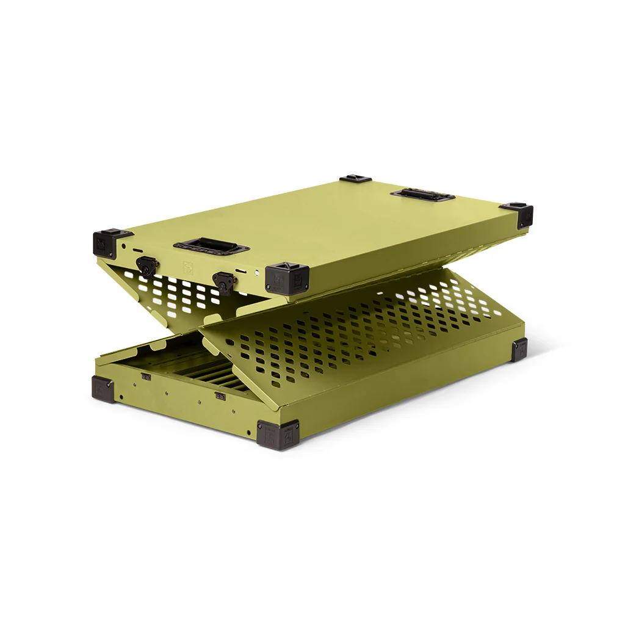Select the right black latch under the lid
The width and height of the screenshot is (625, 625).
pos(224,281)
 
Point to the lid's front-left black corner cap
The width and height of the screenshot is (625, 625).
pos(110,242)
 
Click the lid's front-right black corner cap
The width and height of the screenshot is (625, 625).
pos(287,278)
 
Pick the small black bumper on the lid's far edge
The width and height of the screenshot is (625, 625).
pos(356,179)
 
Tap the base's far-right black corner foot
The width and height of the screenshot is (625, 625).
pos(519,349)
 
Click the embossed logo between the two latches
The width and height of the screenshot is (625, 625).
pos(187,267)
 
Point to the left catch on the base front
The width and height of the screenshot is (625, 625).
pos(146,377)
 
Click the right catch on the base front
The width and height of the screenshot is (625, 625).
pos(220,396)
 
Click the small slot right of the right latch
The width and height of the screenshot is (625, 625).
pos(244,270)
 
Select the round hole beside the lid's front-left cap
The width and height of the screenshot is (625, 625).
pos(124,247)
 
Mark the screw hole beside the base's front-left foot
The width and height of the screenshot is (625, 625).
pos(120,397)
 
